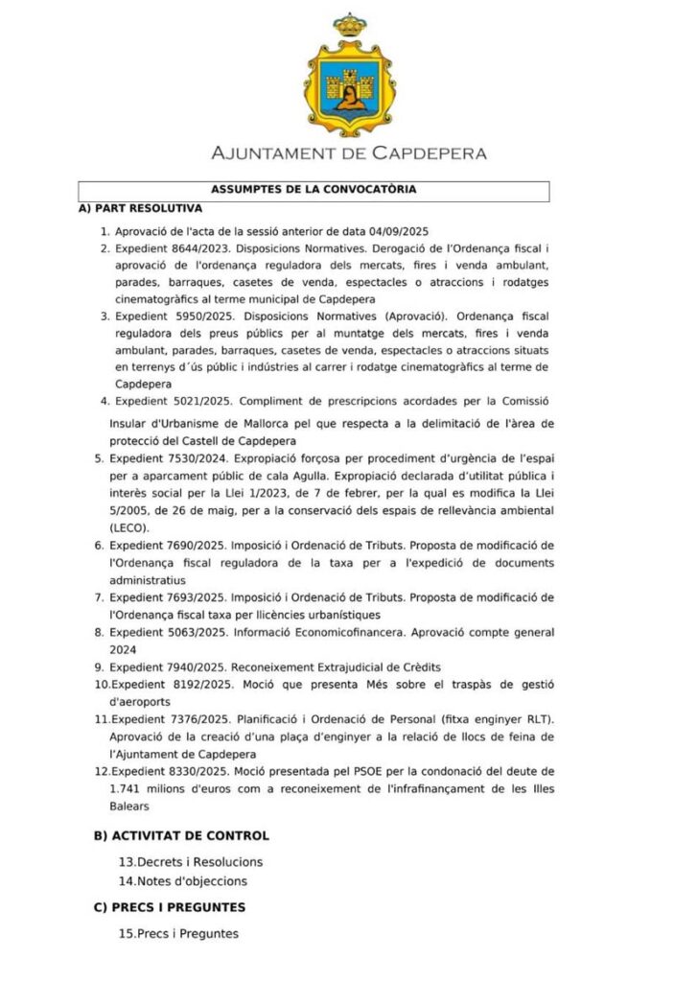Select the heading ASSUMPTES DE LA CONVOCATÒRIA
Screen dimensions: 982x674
point(314,190)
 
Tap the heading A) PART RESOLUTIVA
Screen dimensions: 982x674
point(140,207)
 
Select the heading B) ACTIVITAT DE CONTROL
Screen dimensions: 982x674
point(181,836)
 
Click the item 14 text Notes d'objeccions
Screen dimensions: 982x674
point(192,880)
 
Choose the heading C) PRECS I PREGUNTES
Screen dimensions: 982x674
point(170,907)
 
